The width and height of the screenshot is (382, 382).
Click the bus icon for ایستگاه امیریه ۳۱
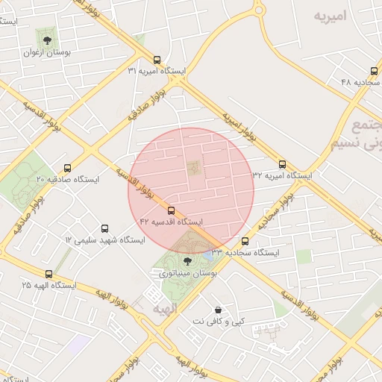click(156, 60)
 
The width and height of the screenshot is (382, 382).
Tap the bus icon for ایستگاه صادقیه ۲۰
click(68, 168)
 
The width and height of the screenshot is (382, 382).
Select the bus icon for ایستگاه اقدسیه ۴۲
click(172, 211)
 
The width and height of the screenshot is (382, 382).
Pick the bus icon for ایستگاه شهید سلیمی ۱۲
click(104, 228)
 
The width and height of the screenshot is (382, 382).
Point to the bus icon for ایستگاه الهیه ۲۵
click(49, 274)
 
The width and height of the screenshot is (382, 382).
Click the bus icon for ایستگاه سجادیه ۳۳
click(245, 241)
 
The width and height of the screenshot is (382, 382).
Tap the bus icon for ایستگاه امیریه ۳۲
click(282, 164)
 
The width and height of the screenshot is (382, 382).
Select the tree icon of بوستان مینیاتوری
click(187, 261)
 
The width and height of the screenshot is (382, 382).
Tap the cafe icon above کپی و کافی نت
click(217, 309)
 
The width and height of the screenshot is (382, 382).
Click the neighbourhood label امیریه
click(331, 16)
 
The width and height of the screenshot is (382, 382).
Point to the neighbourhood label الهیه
click(166, 307)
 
